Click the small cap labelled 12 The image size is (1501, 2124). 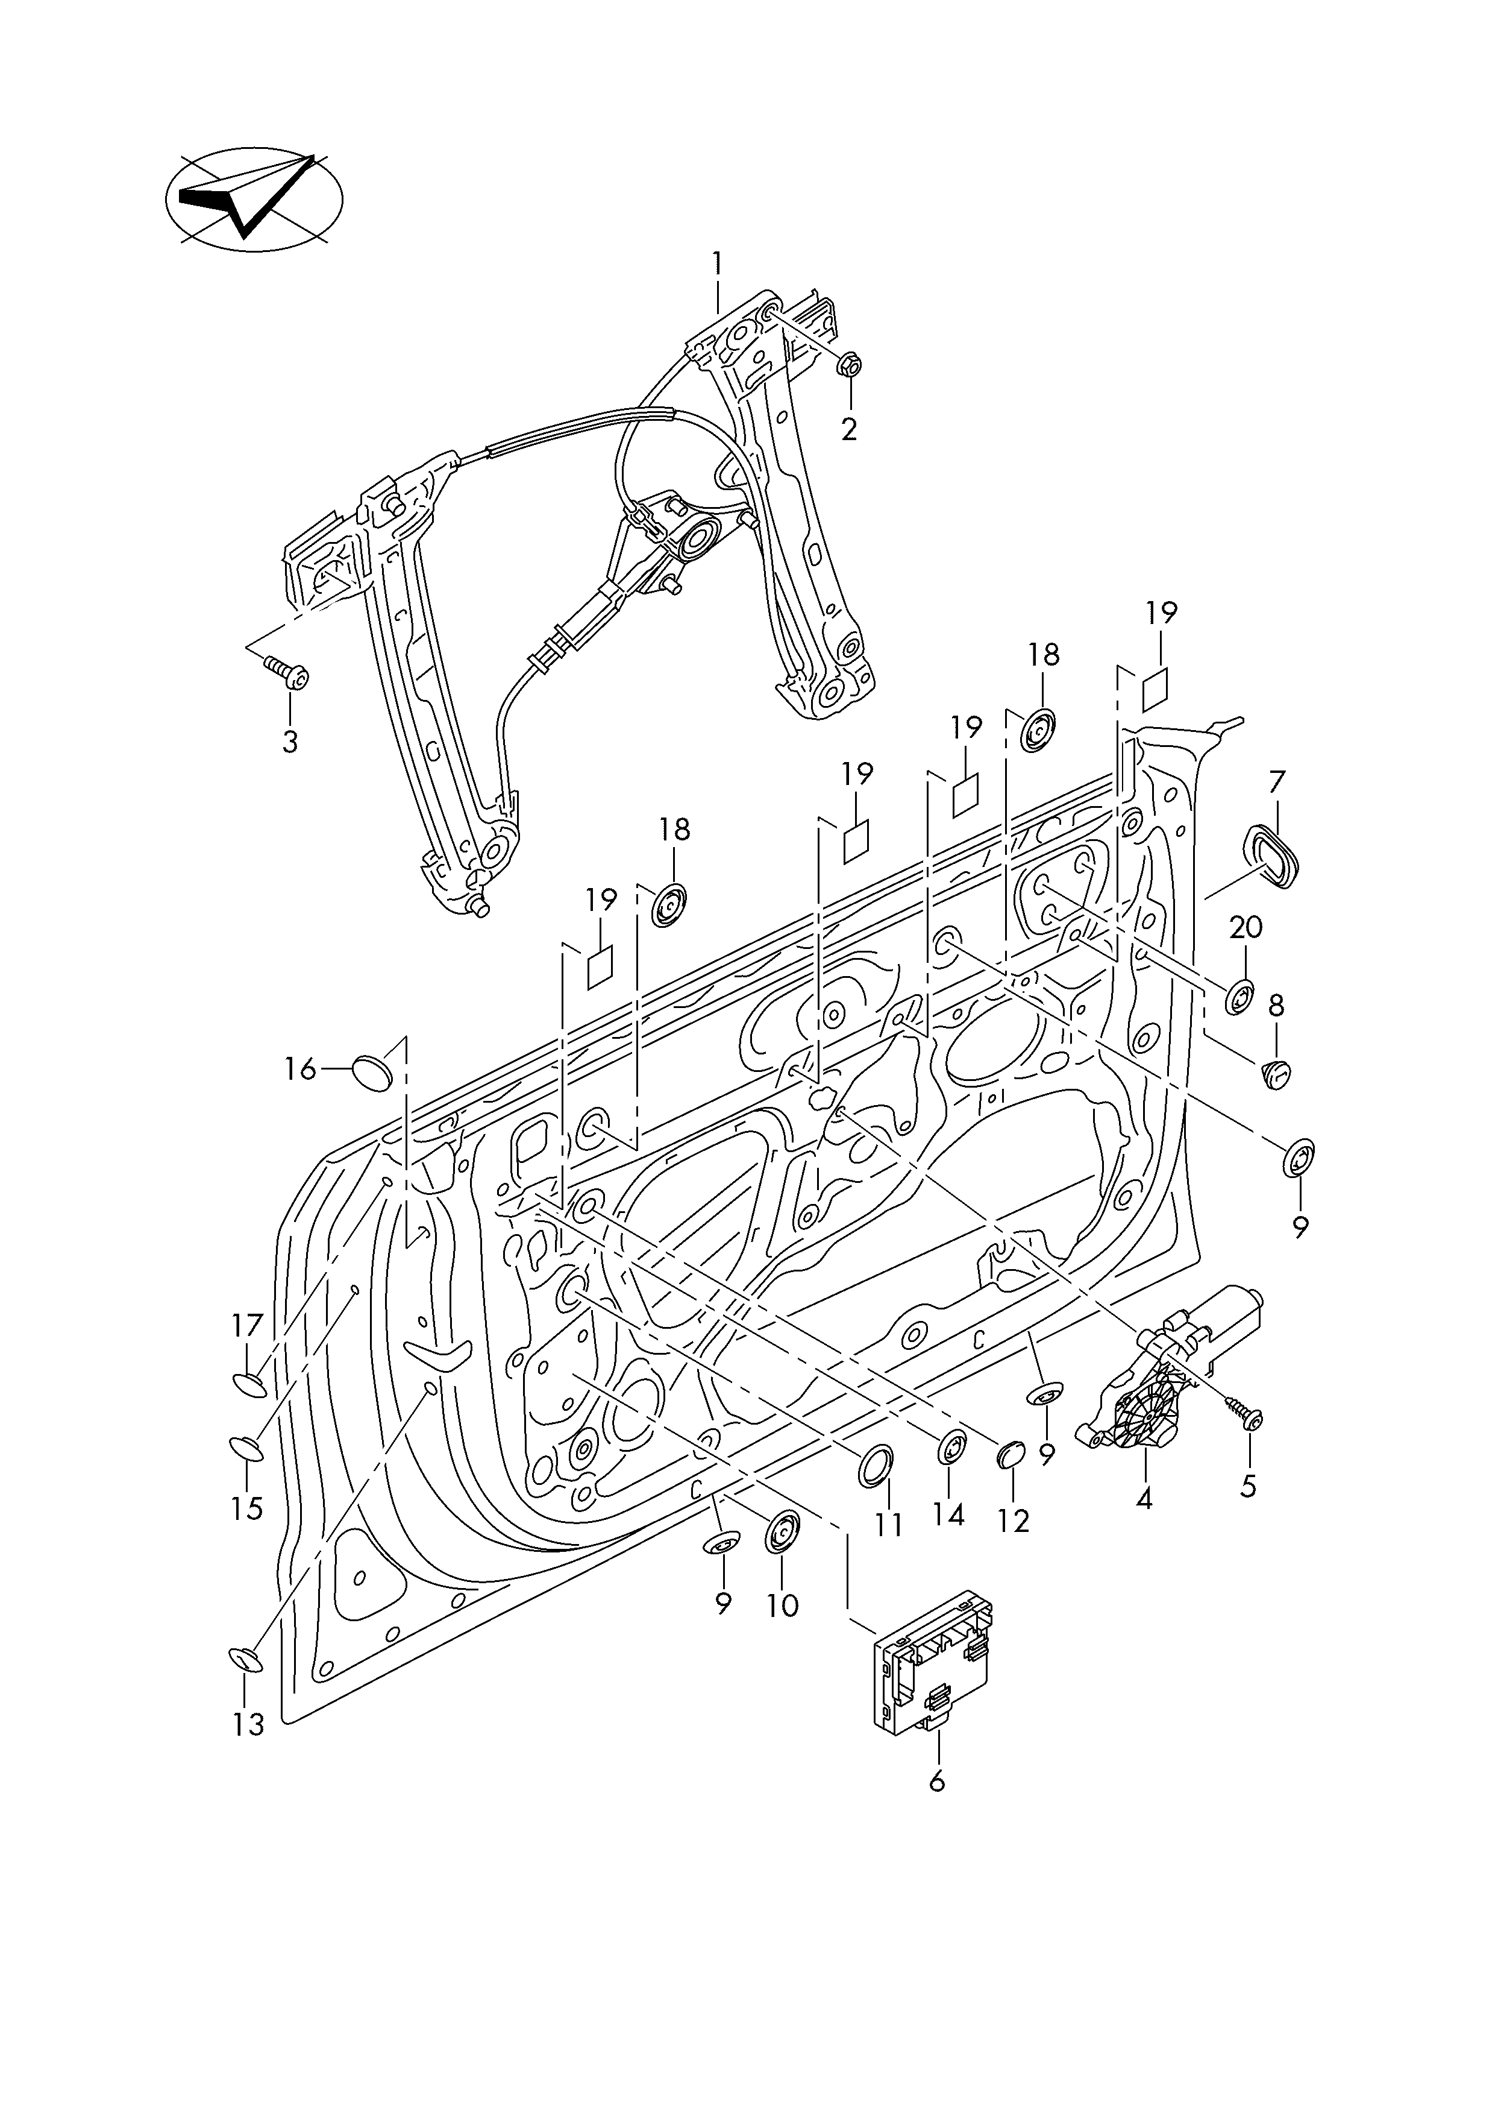coord(1011,1455)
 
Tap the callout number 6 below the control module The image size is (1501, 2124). coord(937,1781)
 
